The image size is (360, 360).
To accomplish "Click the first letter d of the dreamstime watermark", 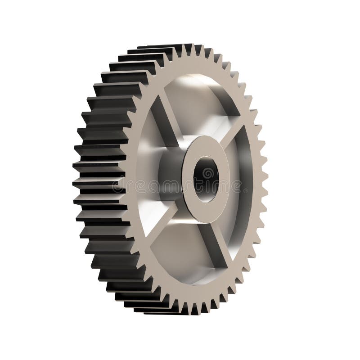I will pyautogui.click(x=117, y=186).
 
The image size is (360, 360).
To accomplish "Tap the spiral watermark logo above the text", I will pyautogui.click(x=207, y=173).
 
